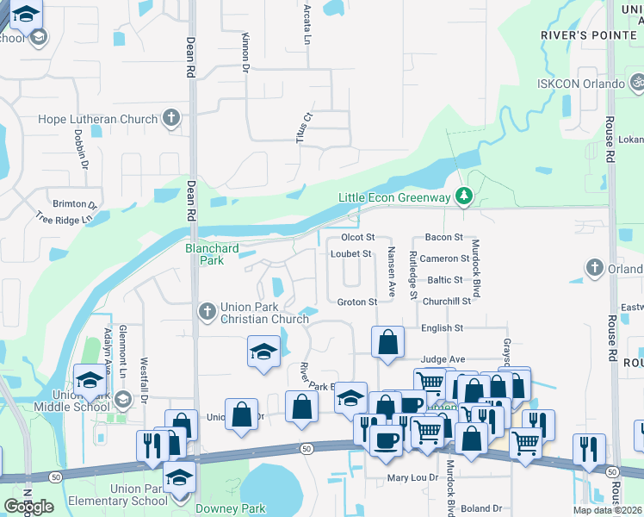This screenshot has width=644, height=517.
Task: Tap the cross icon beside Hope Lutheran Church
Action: click(x=171, y=118)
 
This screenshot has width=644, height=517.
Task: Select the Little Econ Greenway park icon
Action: click(x=464, y=197)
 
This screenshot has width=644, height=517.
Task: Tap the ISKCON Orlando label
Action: click(x=580, y=84)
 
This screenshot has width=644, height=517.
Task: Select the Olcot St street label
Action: click(x=358, y=237)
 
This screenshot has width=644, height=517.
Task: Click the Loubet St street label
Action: click(x=351, y=254)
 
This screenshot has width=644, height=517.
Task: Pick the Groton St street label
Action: click(x=357, y=302)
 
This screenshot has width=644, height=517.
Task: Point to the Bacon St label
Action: click(x=444, y=237)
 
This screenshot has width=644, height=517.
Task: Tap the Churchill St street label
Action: click(x=447, y=302)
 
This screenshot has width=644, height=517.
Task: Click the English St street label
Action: click(x=443, y=328)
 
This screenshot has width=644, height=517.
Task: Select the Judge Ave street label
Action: click(x=443, y=359)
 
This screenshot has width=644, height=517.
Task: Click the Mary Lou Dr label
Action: click(x=409, y=477)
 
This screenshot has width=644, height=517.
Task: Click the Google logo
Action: click(x=28, y=507)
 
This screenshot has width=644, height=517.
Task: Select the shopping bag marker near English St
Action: click(x=388, y=341)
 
